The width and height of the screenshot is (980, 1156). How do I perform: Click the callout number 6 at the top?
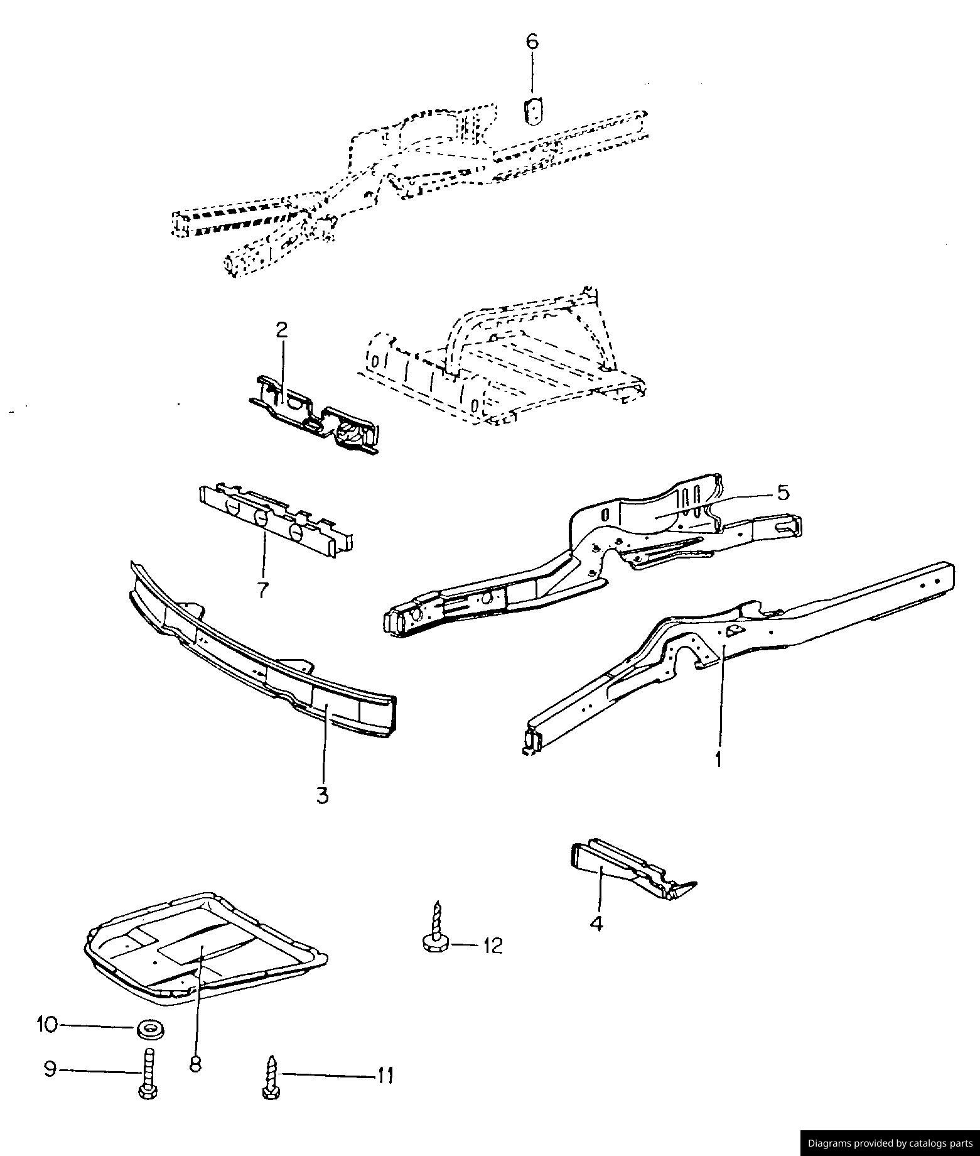(x=532, y=41)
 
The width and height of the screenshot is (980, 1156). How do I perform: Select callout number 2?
(x=282, y=330)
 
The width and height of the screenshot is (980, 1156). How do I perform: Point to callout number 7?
(x=262, y=589)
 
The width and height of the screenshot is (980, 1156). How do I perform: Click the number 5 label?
(x=783, y=493)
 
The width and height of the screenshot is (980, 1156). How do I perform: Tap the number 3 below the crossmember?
(x=322, y=795)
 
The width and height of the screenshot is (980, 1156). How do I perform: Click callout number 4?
(x=596, y=924)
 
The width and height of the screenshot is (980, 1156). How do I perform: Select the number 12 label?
(x=493, y=946)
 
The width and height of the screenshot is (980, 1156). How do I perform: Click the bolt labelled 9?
(x=148, y=1074)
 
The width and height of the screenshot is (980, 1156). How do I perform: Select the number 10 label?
(x=47, y=1025)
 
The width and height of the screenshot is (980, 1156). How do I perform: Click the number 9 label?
(x=50, y=1069)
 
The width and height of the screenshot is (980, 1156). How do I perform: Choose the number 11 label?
(x=385, y=1076)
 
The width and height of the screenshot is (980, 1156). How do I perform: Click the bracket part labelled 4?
(x=631, y=870)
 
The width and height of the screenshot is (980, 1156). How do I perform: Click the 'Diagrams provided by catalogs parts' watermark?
(x=890, y=1143)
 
